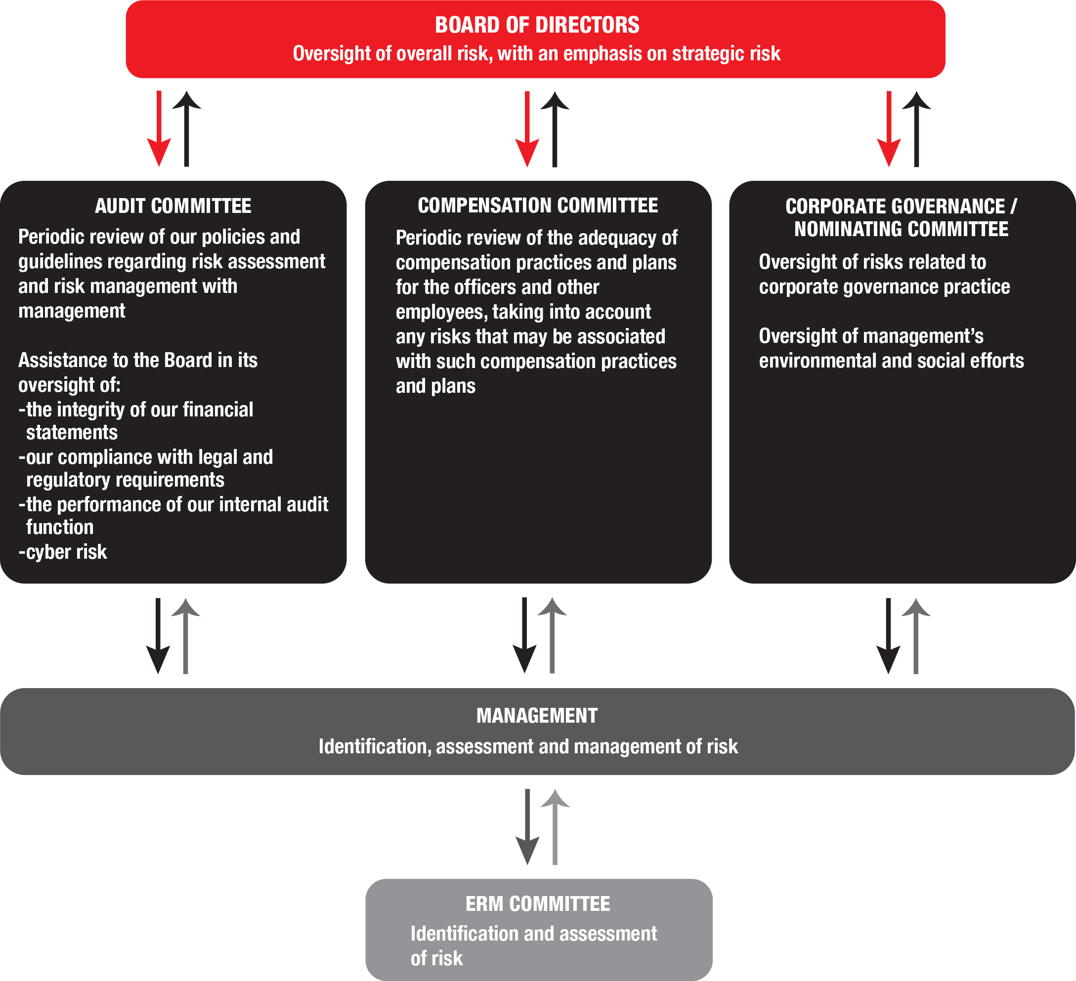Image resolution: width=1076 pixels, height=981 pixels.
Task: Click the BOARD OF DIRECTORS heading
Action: [x=537, y=25]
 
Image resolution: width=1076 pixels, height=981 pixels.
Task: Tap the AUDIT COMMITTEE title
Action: [x=173, y=206]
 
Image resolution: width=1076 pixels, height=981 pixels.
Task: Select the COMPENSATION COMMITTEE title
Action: [x=537, y=205]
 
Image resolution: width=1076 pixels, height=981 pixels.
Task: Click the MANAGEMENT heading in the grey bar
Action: [x=537, y=715]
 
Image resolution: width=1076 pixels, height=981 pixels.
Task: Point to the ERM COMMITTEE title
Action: [x=537, y=903]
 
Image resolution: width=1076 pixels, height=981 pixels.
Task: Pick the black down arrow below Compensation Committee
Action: [x=525, y=636]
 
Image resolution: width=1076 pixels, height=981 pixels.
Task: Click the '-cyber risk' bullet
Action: [x=63, y=552]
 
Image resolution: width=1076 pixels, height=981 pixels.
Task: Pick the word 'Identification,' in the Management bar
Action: [x=375, y=746]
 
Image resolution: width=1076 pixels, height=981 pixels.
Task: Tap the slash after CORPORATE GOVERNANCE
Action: [x=1014, y=206]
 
